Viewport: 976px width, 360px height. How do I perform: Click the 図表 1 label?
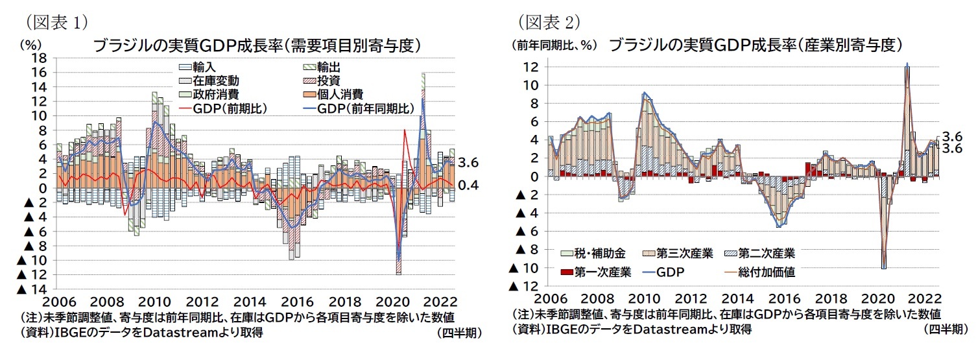(x=55, y=21)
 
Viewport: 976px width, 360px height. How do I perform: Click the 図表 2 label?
(x=548, y=21)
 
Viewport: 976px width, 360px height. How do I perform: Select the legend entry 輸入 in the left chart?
(x=207, y=67)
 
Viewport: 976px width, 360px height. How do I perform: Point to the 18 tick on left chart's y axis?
(x=38, y=58)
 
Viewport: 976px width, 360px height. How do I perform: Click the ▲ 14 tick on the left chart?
(x=33, y=289)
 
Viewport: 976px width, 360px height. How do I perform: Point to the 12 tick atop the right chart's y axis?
(x=531, y=67)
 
